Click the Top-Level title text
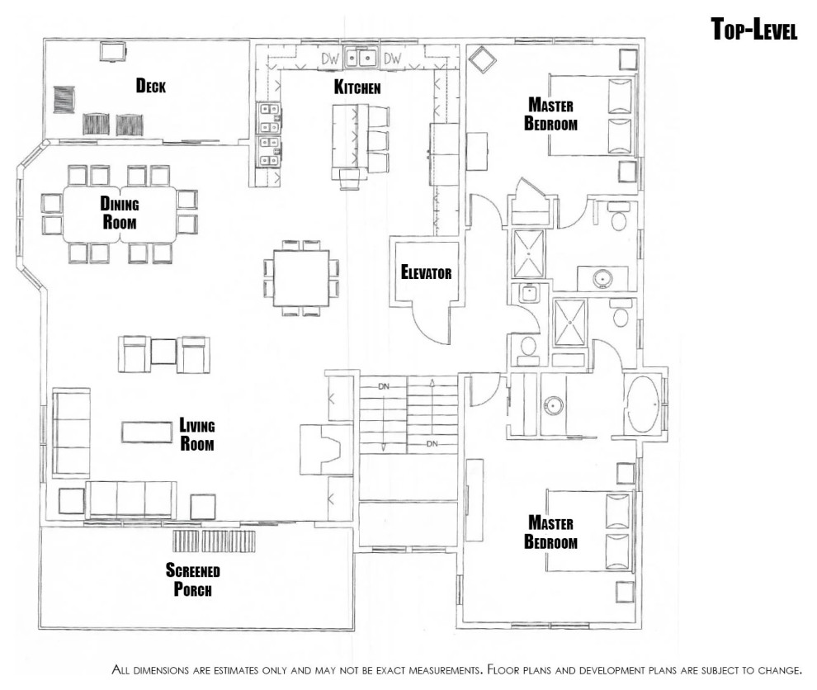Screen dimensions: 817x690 754,29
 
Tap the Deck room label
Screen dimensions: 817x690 150,86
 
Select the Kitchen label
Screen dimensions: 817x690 357,87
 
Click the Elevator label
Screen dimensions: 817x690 426,272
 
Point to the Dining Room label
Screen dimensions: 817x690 120,213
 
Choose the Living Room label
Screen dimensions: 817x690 196,434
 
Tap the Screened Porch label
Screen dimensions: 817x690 193,579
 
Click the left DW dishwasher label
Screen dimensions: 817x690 330,59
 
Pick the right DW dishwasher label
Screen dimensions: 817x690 392,59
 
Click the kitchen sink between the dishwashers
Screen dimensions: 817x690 361,57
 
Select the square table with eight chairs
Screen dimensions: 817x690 301,278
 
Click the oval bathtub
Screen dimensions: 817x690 643,404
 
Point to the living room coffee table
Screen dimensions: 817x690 147,432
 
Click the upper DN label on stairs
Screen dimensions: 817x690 384,387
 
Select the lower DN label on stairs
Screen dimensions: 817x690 432,444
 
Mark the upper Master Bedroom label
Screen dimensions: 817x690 550,114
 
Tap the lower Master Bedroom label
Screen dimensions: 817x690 550,532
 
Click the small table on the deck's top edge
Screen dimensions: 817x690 113,52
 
